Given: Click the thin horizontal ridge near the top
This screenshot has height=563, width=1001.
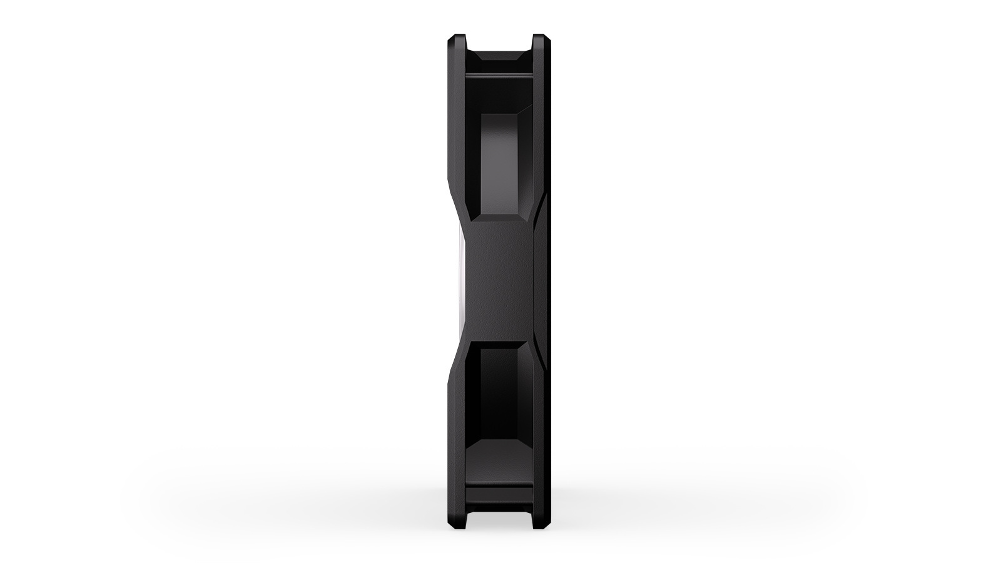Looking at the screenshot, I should (499, 76).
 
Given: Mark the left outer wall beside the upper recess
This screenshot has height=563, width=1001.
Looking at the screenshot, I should (457, 138).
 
